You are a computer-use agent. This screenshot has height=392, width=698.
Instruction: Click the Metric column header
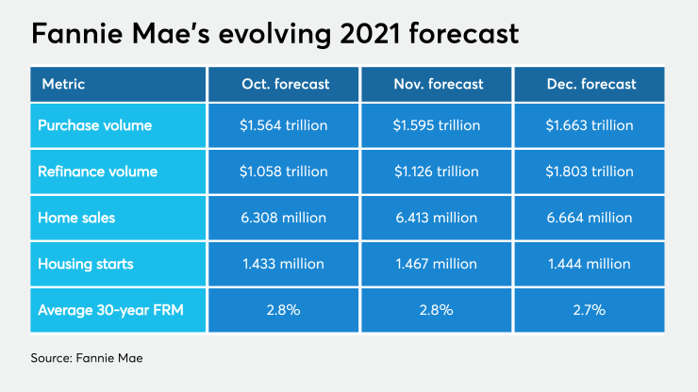(x=63, y=84)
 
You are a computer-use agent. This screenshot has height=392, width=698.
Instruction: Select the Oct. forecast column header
(x=285, y=84)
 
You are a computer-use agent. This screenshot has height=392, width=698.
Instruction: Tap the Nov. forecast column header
(x=438, y=84)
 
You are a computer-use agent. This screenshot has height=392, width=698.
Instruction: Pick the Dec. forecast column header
(x=591, y=84)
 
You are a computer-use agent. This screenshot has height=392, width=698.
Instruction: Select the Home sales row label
(x=78, y=219)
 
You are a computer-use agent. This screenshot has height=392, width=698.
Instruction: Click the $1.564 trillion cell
(x=285, y=125)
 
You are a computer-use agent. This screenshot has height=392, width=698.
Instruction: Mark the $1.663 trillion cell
(x=591, y=125)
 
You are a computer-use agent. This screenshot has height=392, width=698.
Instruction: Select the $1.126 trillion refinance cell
(x=438, y=171)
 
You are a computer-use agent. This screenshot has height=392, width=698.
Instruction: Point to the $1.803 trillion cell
(x=591, y=171)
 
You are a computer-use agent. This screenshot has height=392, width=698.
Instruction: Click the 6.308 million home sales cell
(x=285, y=219)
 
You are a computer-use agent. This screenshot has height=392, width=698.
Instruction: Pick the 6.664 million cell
(x=591, y=219)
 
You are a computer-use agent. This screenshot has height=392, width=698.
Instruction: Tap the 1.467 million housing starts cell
(x=438, y=265)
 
